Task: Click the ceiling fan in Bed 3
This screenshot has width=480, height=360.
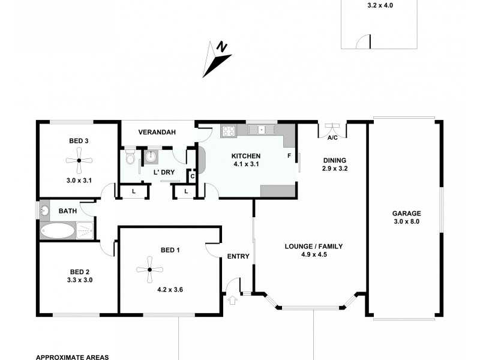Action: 79,160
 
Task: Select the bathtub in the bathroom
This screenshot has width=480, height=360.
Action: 58,230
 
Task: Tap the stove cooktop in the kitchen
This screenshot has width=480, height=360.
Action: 228,130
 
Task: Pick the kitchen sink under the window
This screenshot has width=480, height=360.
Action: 262,129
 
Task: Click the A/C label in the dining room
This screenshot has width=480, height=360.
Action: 332,137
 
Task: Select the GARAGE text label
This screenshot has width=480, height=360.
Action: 406,213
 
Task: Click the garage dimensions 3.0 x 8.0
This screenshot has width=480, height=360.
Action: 406,222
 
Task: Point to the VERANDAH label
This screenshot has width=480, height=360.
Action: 157,133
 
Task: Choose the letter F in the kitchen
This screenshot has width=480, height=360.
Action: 289,157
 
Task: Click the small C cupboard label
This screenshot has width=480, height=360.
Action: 192,176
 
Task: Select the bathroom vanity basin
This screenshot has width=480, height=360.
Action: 44,211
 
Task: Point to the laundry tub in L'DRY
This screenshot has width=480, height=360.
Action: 150,157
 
